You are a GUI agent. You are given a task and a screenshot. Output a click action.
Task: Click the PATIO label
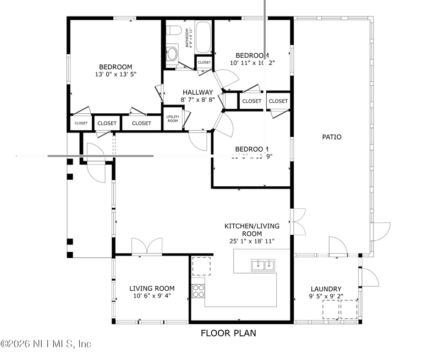click(332, 137)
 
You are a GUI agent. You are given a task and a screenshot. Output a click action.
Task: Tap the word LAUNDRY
click(326, 289)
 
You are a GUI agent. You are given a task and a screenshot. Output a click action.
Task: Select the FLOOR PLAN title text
click(228, 333)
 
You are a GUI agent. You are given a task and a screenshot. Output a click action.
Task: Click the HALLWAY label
click(197, 92)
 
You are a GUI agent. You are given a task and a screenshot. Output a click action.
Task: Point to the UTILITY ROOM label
click(173, 119)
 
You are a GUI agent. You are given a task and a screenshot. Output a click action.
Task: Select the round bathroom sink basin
click(172, 54)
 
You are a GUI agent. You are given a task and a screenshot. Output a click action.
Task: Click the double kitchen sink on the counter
click(263, 266)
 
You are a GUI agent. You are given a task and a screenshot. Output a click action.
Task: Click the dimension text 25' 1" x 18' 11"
click(252, 241)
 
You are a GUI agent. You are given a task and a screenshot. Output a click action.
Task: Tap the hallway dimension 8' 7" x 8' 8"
click(197, 100)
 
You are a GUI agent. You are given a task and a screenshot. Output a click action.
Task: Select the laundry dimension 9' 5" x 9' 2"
click(326, 297)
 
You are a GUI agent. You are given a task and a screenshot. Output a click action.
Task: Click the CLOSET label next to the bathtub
click(204, 63)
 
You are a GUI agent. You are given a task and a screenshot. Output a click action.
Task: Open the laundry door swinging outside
click(370, 278)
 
